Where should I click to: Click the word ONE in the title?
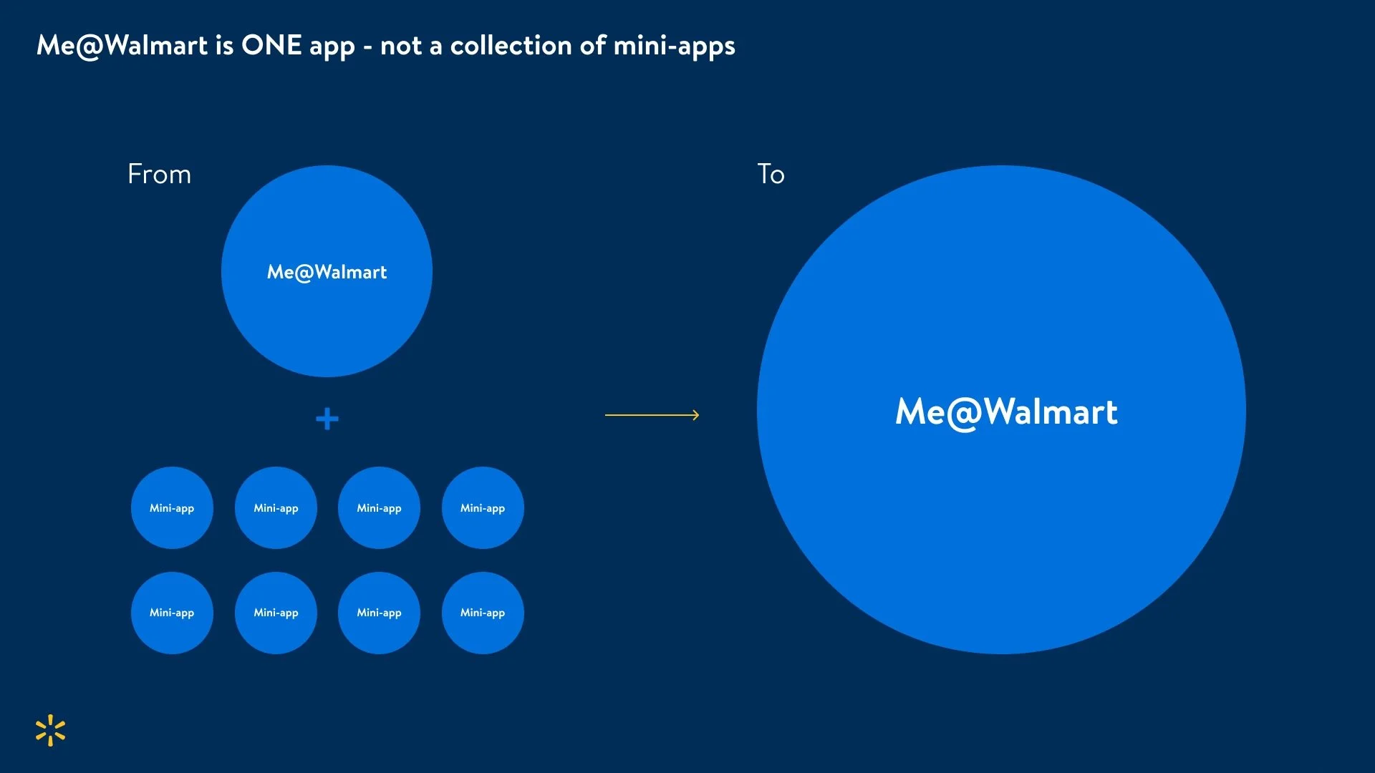[x=271, y=46]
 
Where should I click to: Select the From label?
[x=159, y=175]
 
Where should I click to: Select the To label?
[x=771, y=175]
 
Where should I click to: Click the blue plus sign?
[x=327, y=419]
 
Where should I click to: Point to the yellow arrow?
[x=652, y=414]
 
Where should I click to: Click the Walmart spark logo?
[x=50, y=730]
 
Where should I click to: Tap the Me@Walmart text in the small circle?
[x=327, y=272]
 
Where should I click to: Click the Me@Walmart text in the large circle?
[x=1006, y=412]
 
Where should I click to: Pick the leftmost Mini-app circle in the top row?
[x=172, y=508]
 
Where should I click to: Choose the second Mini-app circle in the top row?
[x=276, y=508]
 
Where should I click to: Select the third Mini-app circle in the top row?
[x=379, y=508]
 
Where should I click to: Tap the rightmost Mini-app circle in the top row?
[x=483, y=508]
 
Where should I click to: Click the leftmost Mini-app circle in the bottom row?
[x=172, y=613]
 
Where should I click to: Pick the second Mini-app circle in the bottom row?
[x=276, y=613]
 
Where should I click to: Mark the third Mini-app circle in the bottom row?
[x=379, y=613]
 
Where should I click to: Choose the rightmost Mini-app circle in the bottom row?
[x=483, y=613]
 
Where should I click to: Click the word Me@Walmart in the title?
[x=122, y=46]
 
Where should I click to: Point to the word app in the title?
[x=332, y=47]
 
